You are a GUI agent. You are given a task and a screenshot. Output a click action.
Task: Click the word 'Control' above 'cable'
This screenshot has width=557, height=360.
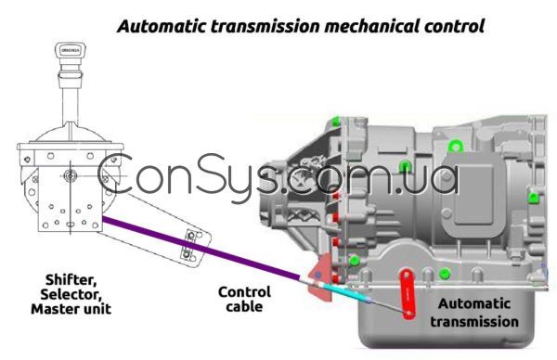pos(244,291)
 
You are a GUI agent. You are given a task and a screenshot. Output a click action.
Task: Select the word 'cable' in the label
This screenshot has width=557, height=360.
pos(244,306)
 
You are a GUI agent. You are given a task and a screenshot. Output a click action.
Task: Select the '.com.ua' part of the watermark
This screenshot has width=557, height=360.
pos(371,179)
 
